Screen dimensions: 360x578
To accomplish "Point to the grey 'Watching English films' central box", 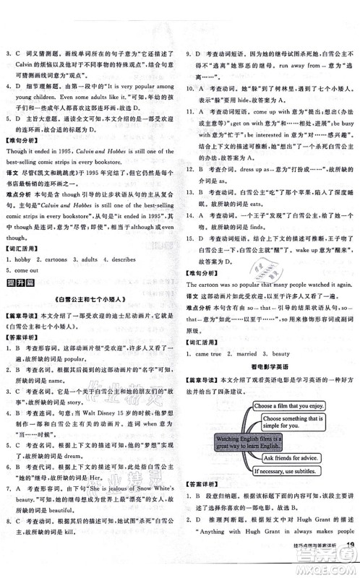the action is pos(226,441).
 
